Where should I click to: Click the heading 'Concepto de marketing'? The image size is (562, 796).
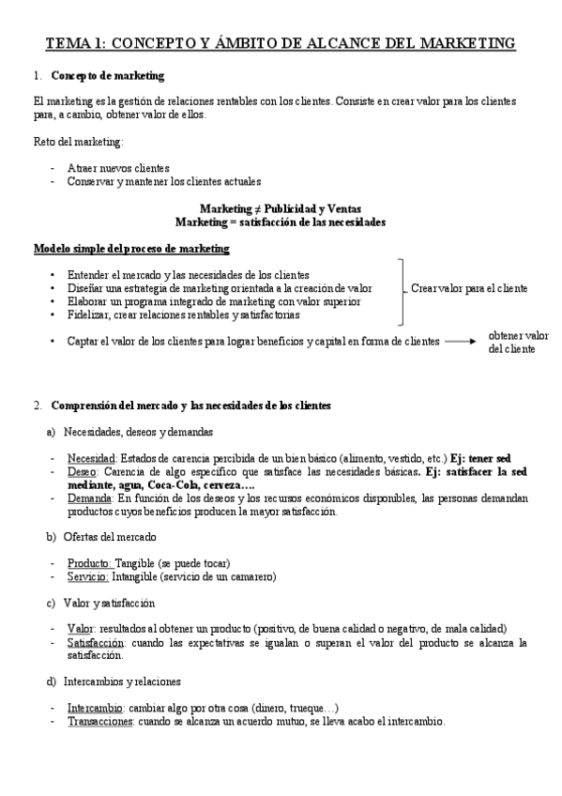[108, 75]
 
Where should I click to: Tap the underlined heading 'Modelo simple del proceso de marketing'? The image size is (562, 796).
[131, 249]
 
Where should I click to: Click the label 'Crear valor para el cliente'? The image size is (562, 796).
[469, 288]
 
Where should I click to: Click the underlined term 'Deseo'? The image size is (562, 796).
[83, 472]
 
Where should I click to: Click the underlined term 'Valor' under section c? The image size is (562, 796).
[81, 628]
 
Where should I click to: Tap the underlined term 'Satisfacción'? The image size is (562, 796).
[96, 642]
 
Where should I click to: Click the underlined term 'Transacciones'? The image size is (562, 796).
[100, 722]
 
